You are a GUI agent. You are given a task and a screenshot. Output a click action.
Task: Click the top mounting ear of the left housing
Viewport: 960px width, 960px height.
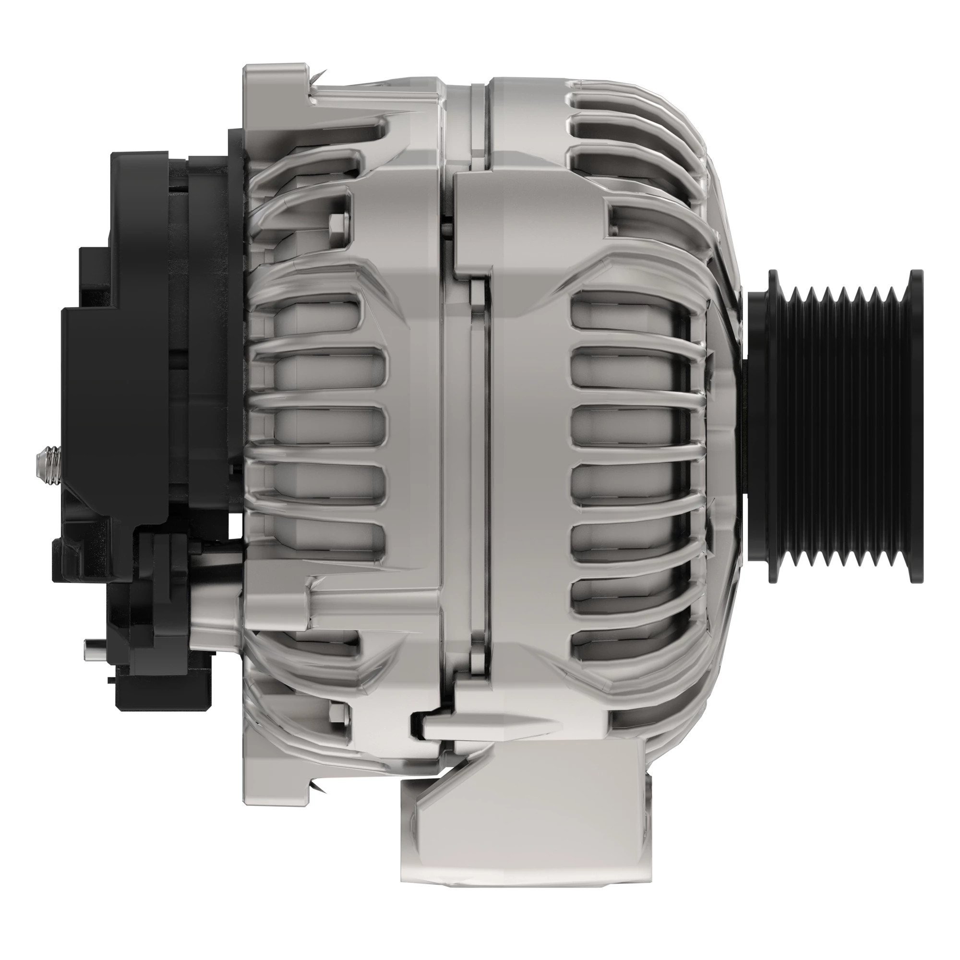coord(273,95)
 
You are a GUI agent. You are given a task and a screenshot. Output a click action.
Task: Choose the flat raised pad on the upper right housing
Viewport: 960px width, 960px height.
coord(527,218)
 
